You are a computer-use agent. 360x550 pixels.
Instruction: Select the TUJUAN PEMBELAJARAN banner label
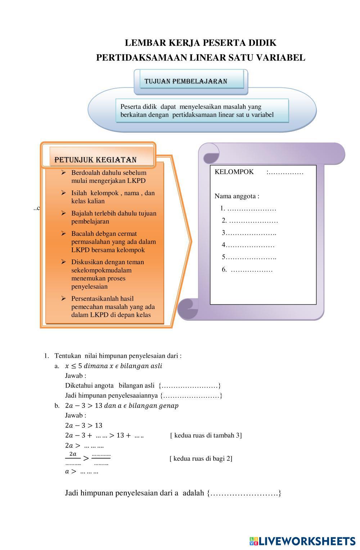(186, 81)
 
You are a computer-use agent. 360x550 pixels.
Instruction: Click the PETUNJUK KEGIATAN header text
(95, 160)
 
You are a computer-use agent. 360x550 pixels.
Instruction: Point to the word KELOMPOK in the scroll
(234, 172)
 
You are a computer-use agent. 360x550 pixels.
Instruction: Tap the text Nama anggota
(237, 196)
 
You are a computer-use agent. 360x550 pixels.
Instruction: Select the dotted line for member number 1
(252, 209)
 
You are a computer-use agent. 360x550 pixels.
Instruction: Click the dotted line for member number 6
(252, 270)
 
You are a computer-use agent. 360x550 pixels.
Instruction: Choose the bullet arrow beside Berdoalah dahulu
(64, 173)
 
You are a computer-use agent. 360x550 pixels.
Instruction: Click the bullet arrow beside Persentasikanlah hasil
(64, 298)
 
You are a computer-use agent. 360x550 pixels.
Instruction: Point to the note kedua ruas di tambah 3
(206, 436)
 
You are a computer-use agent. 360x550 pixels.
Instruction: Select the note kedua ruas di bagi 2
(201, 459)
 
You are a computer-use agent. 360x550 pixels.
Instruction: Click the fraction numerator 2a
(73, 454)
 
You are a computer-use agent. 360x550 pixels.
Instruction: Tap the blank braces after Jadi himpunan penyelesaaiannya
(191, 396)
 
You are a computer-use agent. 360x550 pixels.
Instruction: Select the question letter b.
(57, 406)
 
